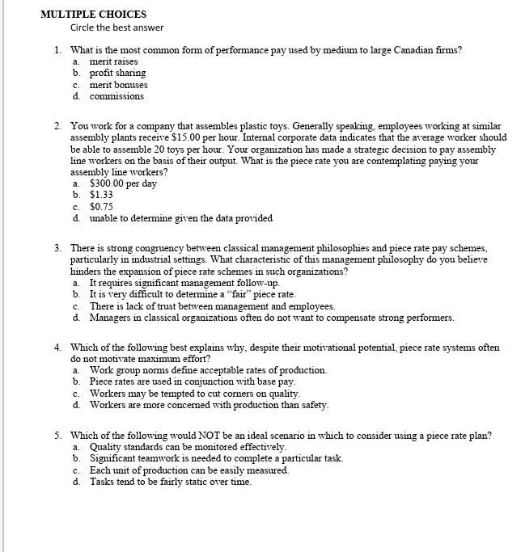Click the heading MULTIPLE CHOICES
coord(93,14)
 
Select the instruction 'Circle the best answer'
coord(116,27)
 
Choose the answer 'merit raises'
coord(113,61)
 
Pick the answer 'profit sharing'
coord(117,73)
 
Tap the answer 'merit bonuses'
coord(118,85)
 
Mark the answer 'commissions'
coord(116,96)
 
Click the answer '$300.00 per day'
coord(123,183)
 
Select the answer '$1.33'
coord(101,195)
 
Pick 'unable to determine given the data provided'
coord(180,218)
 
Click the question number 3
coord(58,248)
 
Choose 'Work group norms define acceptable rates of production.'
coord(208,370)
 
